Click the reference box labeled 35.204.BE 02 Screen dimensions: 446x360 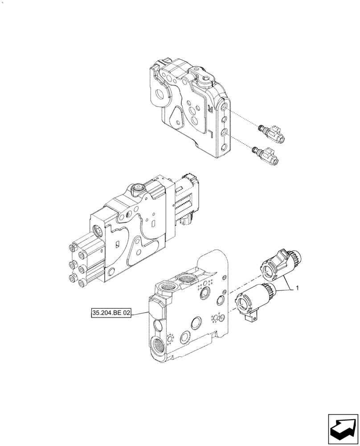point(112,314)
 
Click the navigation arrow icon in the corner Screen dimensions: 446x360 point(343,425)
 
